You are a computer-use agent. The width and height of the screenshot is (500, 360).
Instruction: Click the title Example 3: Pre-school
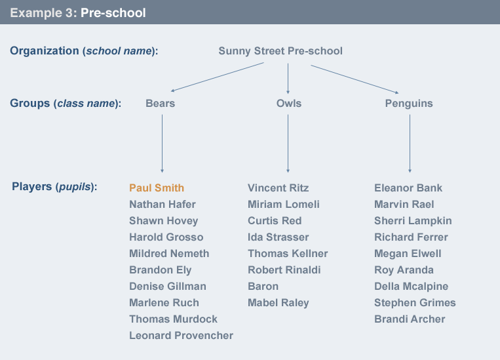(x=78, y=12)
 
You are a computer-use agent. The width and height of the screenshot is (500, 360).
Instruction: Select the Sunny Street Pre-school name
(x=280, y=51)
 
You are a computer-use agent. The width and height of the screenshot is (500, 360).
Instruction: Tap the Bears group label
(x=161, y=104)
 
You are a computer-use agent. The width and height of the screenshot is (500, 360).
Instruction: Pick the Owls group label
(x=289, y=104)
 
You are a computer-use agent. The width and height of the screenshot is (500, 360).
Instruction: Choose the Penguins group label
(x=409, y=104)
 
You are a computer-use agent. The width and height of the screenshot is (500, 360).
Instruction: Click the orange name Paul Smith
(x=157, y=188)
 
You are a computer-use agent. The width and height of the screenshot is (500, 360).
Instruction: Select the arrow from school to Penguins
(x=354, y=79)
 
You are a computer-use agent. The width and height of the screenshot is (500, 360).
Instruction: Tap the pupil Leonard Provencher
(x=181, y=335)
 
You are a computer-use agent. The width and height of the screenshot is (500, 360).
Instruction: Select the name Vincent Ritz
(x=278, y=188)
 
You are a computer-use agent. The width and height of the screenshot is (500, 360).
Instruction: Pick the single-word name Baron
(x=263, y=286)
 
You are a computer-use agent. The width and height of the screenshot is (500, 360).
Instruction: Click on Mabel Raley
(x=278, y=302)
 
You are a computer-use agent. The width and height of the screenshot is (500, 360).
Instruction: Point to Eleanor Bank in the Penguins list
(x=408, y=188)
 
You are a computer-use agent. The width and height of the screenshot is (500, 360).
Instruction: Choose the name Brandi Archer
(x=410, y=319)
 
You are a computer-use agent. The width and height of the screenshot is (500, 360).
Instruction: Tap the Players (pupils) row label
(x=54, y=187)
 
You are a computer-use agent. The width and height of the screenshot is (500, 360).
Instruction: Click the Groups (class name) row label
(x=66, y=103)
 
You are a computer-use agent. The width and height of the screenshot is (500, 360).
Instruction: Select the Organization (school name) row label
(x=84, y=51)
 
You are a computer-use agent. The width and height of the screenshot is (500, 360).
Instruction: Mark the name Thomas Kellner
(x=288, y=253)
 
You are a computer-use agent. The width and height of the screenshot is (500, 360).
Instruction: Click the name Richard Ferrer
(x=411, y=237)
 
